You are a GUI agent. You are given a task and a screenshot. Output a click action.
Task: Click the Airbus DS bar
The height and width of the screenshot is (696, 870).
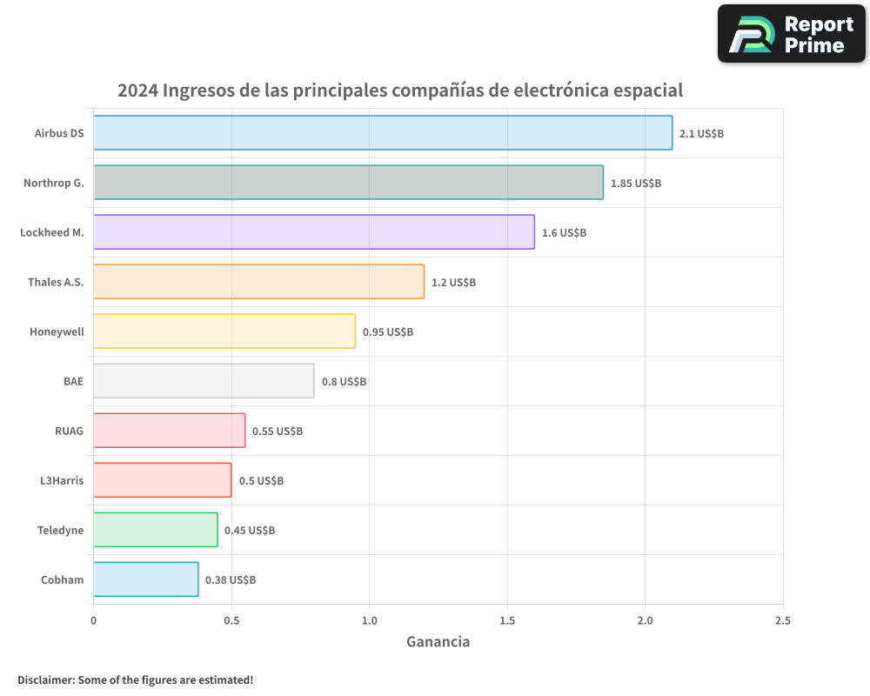point(383,133)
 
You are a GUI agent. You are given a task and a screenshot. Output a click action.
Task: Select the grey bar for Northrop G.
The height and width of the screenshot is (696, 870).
point(348,183)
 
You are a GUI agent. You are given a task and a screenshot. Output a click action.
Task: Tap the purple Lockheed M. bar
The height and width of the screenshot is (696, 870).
point(313,232)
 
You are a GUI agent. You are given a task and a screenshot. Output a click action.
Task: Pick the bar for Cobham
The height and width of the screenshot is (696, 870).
point(145,579)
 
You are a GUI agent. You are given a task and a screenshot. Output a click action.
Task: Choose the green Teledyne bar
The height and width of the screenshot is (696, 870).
point(155,530)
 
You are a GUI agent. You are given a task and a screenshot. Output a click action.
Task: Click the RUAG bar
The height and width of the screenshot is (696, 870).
point(169,431)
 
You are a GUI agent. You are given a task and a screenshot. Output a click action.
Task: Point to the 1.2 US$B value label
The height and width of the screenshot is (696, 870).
point(453,283)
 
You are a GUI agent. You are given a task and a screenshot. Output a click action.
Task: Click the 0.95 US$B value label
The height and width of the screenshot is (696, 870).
point(387,332)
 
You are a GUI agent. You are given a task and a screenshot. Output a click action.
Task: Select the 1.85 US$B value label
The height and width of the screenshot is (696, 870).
point(635,184)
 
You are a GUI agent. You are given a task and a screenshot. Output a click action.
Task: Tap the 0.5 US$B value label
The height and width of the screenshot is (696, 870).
point(261,481)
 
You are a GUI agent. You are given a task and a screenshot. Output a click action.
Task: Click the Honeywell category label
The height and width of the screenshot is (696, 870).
point(57,331)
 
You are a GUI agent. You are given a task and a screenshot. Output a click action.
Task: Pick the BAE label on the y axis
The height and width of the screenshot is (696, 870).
point(73,381)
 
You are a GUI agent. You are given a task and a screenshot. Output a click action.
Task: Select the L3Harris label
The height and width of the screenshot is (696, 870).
point(62,480)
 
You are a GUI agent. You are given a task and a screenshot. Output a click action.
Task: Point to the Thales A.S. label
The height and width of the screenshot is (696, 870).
point(56,282)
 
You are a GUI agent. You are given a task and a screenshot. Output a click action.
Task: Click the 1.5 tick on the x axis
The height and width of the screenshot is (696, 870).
point(507,621)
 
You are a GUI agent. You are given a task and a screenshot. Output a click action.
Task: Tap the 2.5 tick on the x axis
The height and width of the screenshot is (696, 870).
point(782,621)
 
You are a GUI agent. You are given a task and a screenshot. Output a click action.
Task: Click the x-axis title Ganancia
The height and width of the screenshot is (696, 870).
point(438,642)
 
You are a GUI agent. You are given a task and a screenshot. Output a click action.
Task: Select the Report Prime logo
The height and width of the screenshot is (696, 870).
point(791,34)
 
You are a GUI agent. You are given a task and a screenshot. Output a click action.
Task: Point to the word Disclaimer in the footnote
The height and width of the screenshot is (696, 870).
point(45,679)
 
